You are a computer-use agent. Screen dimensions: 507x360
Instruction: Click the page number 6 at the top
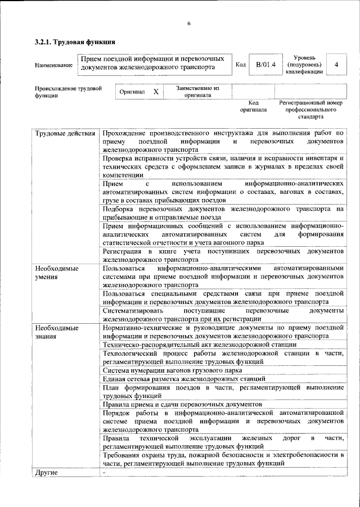(189, 23)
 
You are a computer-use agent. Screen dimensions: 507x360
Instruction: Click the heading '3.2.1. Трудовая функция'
(75, 42)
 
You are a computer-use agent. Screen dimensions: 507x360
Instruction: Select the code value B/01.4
(265, 65)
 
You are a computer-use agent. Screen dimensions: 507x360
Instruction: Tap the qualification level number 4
(336, 65)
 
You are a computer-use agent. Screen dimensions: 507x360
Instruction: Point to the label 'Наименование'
(53, 66)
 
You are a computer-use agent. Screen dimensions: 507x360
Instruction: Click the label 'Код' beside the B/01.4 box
(240, 65)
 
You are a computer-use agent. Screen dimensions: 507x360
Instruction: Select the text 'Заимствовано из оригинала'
(197, 92)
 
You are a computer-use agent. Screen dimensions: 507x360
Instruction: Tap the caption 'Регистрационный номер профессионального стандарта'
(310, 110)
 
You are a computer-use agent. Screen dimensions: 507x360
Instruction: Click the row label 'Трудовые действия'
(65, 133)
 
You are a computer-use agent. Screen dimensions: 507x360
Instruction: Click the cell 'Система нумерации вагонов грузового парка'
(173, 370)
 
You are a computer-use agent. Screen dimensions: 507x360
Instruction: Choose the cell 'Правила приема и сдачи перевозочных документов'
(182, 404)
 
